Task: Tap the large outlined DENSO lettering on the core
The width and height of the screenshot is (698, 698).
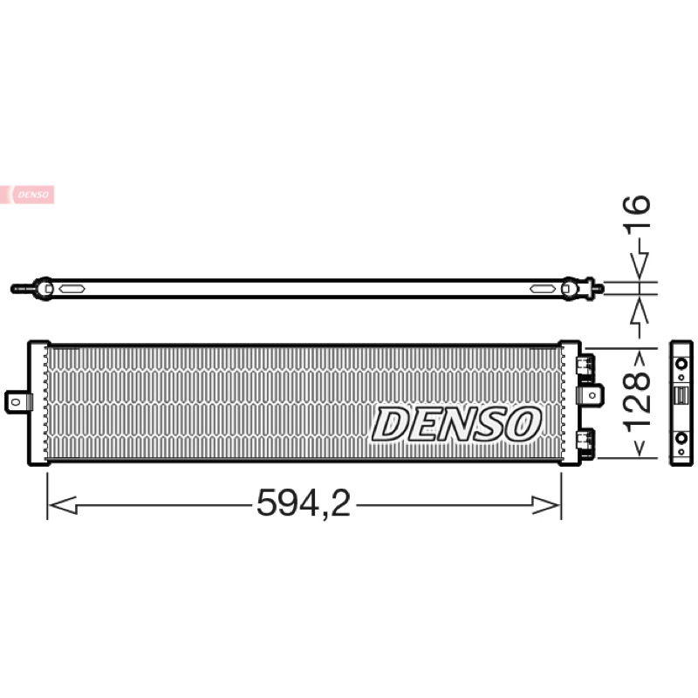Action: tap(456, 424)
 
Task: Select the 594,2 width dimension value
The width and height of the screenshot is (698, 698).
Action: tap(304, 503)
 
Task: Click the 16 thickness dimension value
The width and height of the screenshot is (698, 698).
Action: tap(638, 211)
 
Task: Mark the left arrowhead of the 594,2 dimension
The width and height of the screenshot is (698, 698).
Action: tap(62, 505)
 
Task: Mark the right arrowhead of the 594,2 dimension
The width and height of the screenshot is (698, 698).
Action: tap(546, 505)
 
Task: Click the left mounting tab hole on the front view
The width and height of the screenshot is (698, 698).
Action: tap(16, 402)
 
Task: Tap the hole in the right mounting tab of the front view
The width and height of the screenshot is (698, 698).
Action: tap(593, 395)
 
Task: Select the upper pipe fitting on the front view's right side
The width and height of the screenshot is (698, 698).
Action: tap(585, 366)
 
